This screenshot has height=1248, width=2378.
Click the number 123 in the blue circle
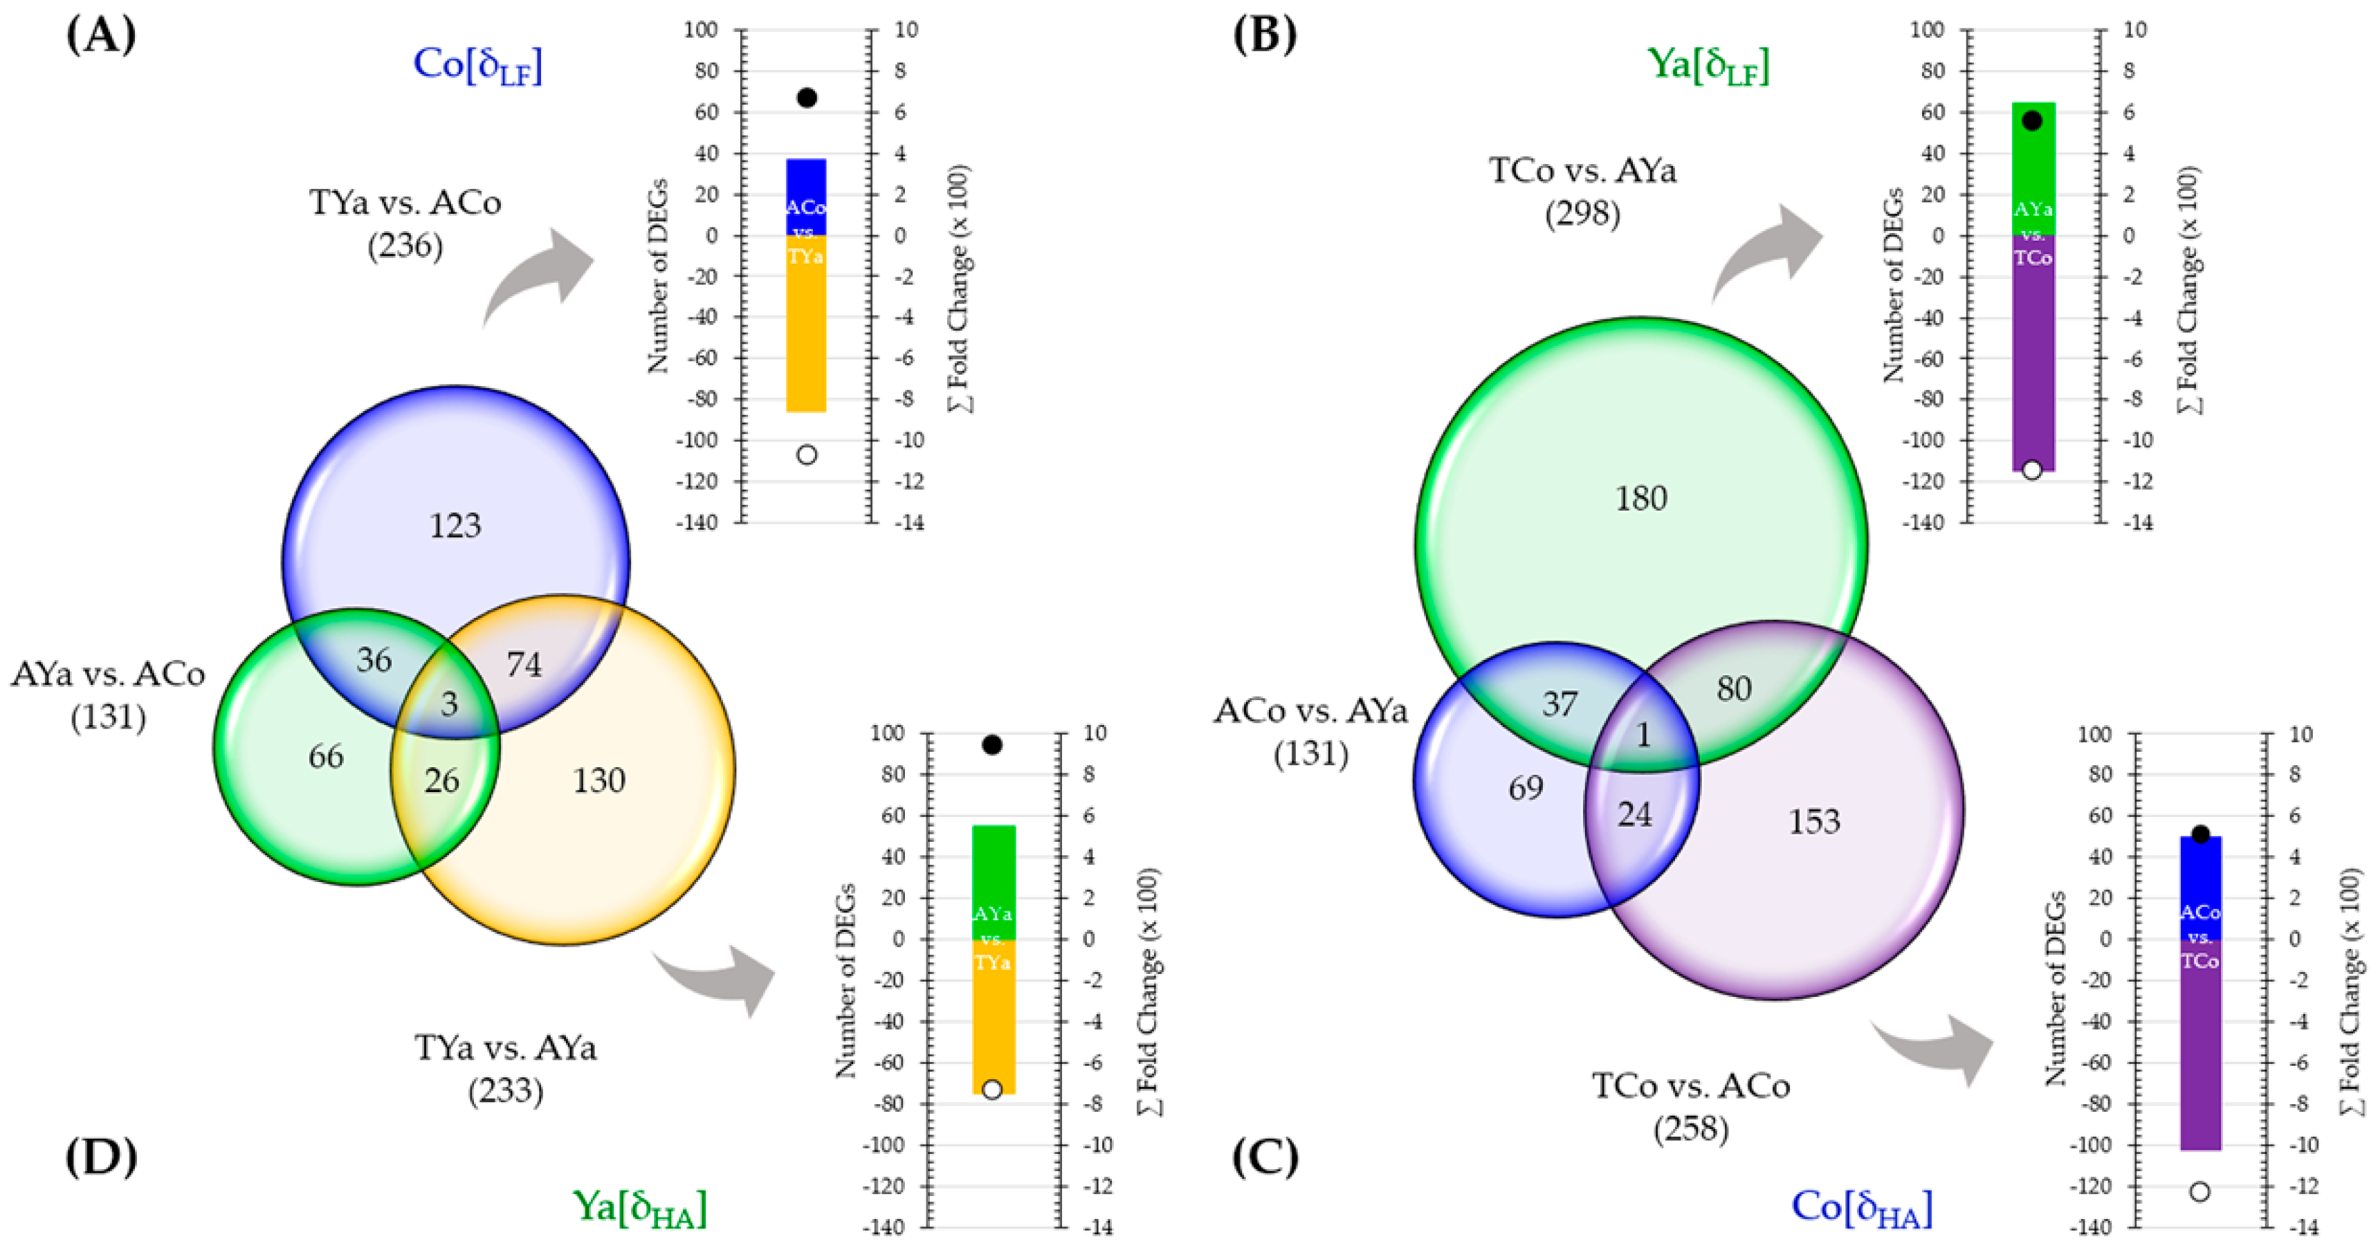[x=455, y=526]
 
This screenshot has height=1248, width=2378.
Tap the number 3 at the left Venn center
[x=450, y=704]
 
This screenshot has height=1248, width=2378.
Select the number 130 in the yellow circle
[x=599, y=781]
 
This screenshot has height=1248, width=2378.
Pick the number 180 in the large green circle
[x=1640, y=499]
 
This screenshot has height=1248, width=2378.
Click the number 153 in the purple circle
[x=1814, y=822]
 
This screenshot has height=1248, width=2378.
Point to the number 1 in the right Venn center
[x=1643, y=735]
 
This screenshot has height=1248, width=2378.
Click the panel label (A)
[x=100, y=35]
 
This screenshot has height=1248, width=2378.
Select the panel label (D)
[x=100, y=1157]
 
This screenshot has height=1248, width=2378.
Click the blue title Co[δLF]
[x=477, y=64]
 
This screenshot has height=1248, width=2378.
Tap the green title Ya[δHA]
[x=640, y=1207]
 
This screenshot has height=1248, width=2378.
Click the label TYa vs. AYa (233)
[x=505, y=1069]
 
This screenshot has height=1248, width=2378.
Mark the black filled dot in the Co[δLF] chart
[x=807, y=98]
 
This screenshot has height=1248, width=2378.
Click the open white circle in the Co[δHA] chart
[x=2199, y=1192]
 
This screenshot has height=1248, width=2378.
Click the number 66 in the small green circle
[x=326, y=757]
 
